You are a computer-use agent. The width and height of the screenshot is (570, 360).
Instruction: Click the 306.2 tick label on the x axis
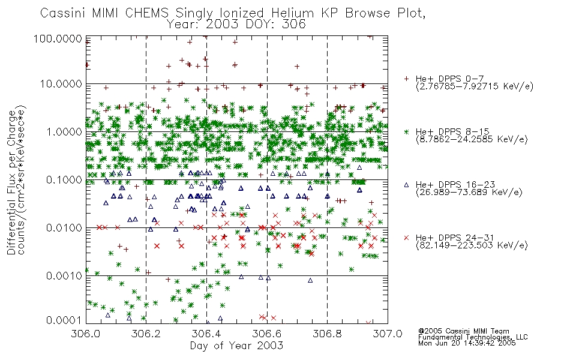[x=146, y=334]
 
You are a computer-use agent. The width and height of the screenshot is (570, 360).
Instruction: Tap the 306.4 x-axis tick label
[x=206, y=334]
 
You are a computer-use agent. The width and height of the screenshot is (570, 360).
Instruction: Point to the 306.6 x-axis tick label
[x=267, y=334]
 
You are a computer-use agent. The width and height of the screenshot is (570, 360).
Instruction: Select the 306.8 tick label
[x=327, y=334]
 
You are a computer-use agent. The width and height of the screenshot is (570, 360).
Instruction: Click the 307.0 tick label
[x=388, y=334]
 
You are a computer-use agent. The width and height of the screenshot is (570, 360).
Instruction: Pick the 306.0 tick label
[x=85, y=334]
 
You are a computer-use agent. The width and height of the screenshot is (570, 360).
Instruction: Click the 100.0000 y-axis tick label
[x=58, y=38]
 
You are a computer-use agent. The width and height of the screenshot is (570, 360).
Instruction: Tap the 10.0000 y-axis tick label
[x=61, y=84]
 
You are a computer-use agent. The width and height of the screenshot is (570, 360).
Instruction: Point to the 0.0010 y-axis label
[x=64, y=276]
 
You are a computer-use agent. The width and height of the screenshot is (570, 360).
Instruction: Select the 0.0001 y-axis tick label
[x=64, y=320]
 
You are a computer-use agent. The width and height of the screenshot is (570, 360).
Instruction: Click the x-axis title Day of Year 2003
[x=236, y=346]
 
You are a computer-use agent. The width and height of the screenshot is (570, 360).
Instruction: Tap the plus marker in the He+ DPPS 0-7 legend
[x=406, y=79]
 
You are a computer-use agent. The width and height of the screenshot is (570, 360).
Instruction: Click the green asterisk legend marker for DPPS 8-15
[x=406, y=131]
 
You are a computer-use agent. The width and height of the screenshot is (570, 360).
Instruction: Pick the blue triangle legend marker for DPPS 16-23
[x=406, y=185]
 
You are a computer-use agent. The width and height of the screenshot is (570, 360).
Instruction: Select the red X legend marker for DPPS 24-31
[x=406, y=238]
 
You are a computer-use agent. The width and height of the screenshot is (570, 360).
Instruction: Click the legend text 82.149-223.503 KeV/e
[x=472, y=245]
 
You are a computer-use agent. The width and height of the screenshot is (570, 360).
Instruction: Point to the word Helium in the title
[x=293, y=13]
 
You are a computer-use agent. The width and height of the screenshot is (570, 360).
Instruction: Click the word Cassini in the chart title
[x=63, y=13]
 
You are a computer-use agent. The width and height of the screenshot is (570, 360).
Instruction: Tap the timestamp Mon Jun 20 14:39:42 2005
[x=467, y=343]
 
